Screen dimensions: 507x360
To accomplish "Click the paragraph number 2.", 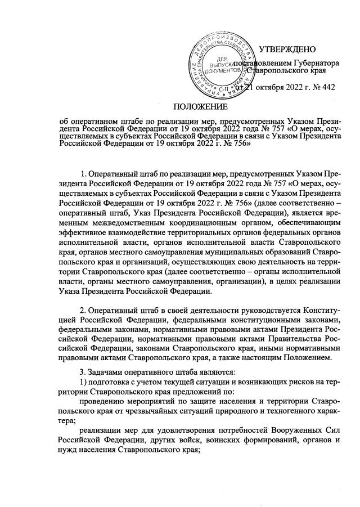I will pos(84,311).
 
